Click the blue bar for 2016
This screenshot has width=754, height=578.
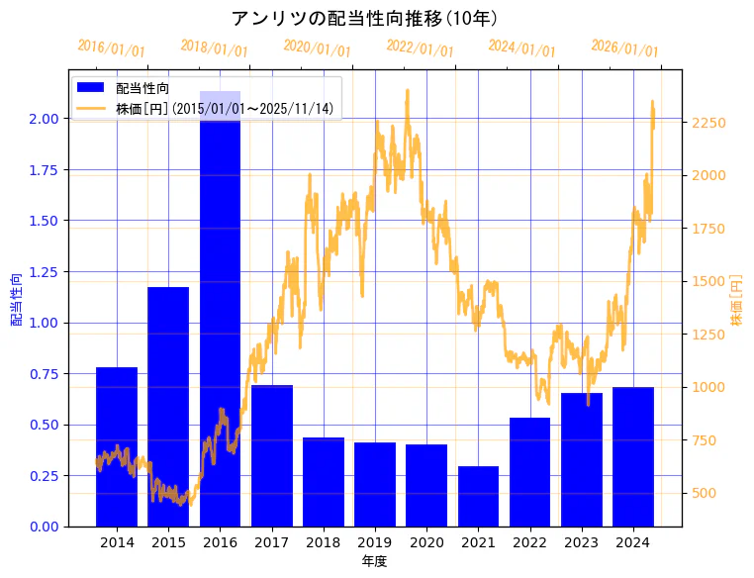click(x=220, y=308)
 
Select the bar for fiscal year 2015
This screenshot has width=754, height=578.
click(x=168, y=406)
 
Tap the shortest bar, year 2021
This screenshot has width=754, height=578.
click(x=478, y=496)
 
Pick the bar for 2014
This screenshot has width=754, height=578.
click(x=117, y=446)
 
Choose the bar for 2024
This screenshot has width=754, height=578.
click(x=632, y=456)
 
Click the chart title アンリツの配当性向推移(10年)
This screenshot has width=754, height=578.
click(x=364, y=19)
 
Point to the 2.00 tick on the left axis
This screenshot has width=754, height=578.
click(x=44, y=119)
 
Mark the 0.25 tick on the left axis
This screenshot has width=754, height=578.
click(x=44, y=476)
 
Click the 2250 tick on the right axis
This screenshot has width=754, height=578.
click(x=707, y=123)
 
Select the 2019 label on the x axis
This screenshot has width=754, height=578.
click(x=375, y=542)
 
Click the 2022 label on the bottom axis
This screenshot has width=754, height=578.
click(x=529, y=542)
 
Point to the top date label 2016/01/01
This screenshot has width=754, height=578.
click(x=111, y=48)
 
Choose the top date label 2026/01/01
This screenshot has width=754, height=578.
click(x=624, y=48)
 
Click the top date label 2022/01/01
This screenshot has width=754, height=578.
click(x=420, y=48)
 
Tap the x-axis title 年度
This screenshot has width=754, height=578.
click(x=374, y=561)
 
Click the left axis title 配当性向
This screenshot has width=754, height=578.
click(x=17, y=300)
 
